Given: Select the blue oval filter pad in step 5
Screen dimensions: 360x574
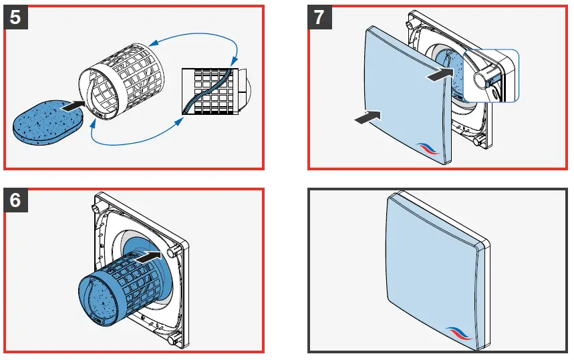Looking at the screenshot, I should [49, 121].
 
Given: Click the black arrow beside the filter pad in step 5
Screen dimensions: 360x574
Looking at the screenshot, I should [71, 104].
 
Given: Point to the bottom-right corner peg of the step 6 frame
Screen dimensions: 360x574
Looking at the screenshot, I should [175, 340].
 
